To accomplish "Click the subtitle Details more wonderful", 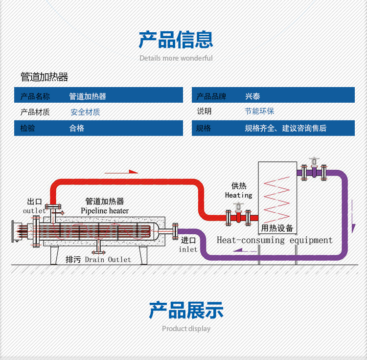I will coord(176,58).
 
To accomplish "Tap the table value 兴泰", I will coord(252,96).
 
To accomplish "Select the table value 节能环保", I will coord(259,112).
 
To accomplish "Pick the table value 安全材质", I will coord(85,112).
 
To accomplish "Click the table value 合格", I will coord(77,128).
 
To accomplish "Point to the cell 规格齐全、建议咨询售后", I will coord(285,128).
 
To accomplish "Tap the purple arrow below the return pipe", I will coord(244,250).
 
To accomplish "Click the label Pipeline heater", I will coord(105,211).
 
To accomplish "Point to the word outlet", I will coord(34,211).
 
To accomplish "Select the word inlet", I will coord(188,249).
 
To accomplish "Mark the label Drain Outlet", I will coord(108,259).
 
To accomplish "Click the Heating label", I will coord(239,195).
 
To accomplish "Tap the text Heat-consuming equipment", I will coord(275,240).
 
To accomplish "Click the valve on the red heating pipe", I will coord(238,215).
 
